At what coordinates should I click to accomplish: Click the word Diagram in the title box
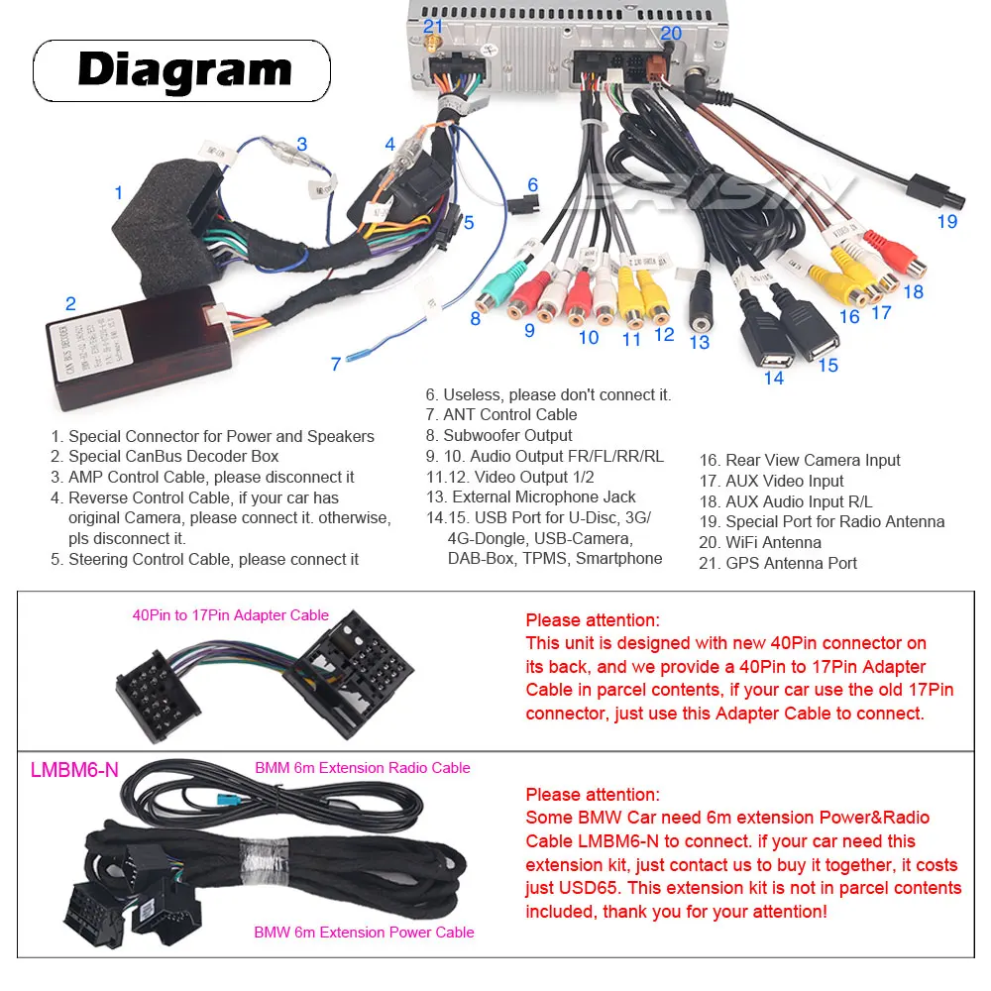[184, 70]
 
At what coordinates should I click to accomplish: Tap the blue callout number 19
[947, 221]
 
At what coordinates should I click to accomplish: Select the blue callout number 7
[336, 364]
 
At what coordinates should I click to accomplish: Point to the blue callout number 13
[700, 342]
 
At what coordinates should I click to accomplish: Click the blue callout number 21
[433, 27]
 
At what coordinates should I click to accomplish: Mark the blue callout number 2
[70, 304]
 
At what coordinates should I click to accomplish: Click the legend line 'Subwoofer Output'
[506, 435]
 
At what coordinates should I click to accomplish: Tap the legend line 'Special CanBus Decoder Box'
[172, 456]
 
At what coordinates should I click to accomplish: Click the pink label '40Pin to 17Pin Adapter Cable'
[231, 615]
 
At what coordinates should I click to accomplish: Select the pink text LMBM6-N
[74, 770]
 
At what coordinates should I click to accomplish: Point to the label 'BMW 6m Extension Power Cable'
[364, 932]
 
